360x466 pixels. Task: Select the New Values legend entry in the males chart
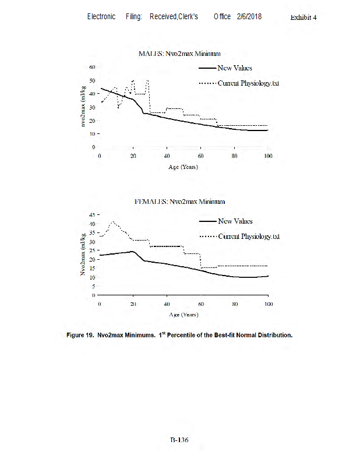pos(235,68)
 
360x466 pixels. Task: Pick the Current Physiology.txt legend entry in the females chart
pos(249,236)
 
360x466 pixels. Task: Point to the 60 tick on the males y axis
pos(91,67)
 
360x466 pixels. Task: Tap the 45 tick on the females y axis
pos(91,215)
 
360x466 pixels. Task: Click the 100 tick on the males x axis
pos(267,157)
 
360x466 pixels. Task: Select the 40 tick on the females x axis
pos(167,305)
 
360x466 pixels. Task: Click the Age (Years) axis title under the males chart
pos(184,167)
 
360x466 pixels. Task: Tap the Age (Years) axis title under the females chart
pos(184,315)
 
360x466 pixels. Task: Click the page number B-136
pos(179,440)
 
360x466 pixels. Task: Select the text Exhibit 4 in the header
pos(303,17)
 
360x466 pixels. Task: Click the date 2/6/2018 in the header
pos(249,16)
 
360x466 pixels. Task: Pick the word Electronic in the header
pos(101,16)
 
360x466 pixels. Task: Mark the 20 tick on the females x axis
pos(133,305)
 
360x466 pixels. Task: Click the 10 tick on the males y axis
pos(91,133)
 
